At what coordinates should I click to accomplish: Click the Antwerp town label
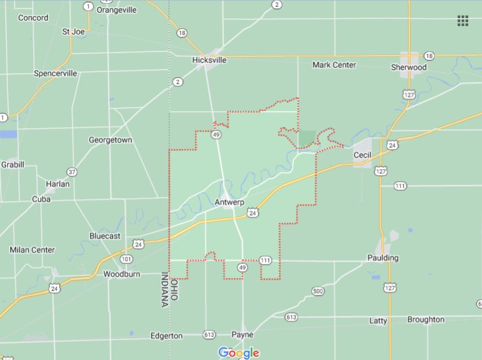230,202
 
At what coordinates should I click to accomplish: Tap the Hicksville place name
209,60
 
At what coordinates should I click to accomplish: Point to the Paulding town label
383,258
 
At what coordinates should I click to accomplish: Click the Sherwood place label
408,67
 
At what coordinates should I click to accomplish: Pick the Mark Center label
334,65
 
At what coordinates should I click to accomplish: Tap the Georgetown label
110,140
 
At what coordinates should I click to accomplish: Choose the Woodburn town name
121,274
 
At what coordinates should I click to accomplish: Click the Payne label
242,334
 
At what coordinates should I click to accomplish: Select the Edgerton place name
166,335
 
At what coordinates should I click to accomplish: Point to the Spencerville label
56,73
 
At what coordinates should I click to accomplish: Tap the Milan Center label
32,249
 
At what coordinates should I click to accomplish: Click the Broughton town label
425,320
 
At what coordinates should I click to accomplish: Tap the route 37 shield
72,172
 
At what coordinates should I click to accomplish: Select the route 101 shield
126,259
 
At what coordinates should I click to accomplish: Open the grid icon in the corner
463,21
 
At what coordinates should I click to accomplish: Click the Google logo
239,353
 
